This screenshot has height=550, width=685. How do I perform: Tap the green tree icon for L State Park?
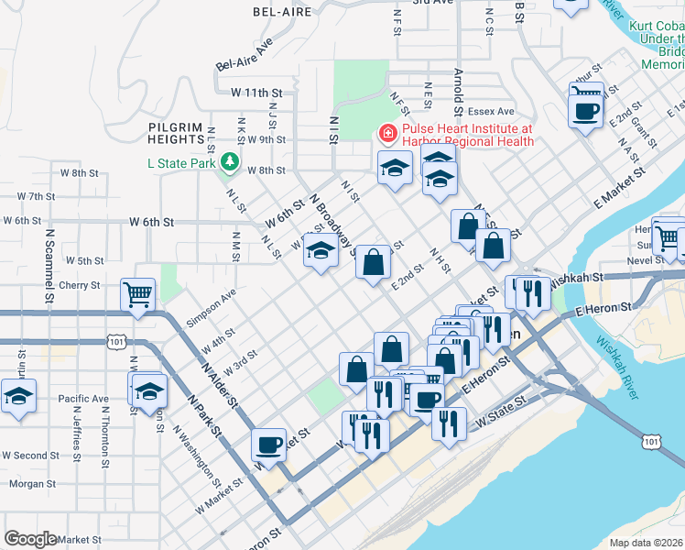[x=228, y=163]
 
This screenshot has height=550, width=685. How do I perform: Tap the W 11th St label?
[x=256, y=93]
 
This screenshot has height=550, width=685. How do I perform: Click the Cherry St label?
[x=79, y=285]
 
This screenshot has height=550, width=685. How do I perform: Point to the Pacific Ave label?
[x=82, y=399]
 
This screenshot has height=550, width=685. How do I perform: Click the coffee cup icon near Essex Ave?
[x=585, y=111]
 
